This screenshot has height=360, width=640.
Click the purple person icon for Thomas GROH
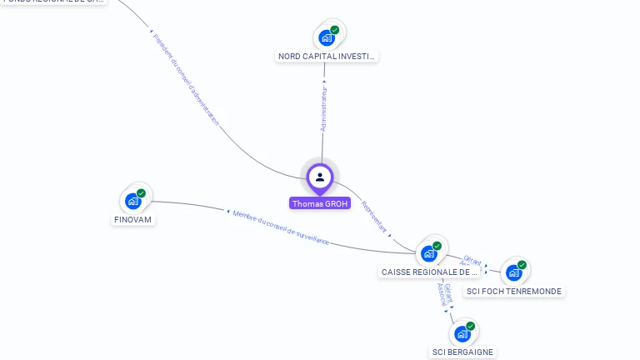320,177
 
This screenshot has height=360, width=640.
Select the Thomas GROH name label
320,203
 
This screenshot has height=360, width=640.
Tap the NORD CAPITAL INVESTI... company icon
327,37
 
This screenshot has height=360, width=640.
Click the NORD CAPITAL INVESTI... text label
327,57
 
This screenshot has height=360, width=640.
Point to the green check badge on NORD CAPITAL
334,30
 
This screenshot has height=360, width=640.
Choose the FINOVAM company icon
133,201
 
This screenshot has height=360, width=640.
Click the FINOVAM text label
134,220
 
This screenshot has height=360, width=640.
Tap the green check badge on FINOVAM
141,193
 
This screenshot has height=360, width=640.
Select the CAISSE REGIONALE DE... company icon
429,252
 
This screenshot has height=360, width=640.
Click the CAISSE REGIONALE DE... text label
429,272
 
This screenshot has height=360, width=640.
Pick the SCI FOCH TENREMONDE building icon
514,272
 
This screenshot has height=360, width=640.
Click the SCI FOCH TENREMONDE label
514,292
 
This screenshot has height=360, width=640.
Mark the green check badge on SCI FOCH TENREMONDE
522,265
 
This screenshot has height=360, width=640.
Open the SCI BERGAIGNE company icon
462,334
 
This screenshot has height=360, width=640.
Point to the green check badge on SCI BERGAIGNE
470,327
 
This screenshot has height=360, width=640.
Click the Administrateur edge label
323,109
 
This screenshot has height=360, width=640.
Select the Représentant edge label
375,216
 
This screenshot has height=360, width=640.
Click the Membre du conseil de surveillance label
281,227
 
